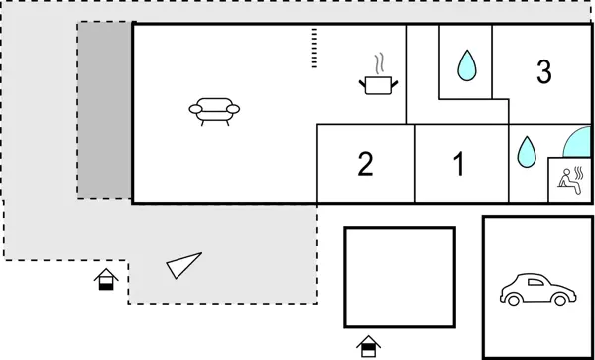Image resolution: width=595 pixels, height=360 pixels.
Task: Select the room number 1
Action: pyautogui.click(x=459, y=164)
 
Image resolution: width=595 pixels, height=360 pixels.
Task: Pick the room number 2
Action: pyautogui.click(x=365, y=164)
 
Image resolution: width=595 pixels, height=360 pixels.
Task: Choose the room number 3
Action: pyautogui.click(x=543, y=72)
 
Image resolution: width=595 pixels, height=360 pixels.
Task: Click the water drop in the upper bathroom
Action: pyautogui.click(x=465, y=66)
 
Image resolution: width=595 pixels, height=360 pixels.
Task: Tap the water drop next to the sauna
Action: pyautogui.click(x=526, y=152)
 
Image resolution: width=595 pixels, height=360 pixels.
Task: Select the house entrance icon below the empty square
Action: pyautogui.click(x=369, y=346)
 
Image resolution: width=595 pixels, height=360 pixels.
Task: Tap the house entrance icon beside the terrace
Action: pyautogui.click(x=106, y=279)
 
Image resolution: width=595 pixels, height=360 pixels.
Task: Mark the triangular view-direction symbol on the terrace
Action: pyautogui.click(x=183, y=265)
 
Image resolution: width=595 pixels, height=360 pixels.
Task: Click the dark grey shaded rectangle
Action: pyautogui.click(x=105, y=109)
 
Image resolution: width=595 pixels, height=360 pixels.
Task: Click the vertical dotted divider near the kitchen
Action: pyautogui.click(x=314, y=49)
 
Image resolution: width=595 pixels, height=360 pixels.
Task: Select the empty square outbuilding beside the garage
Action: pyautogui.click(x=399, y=277)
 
